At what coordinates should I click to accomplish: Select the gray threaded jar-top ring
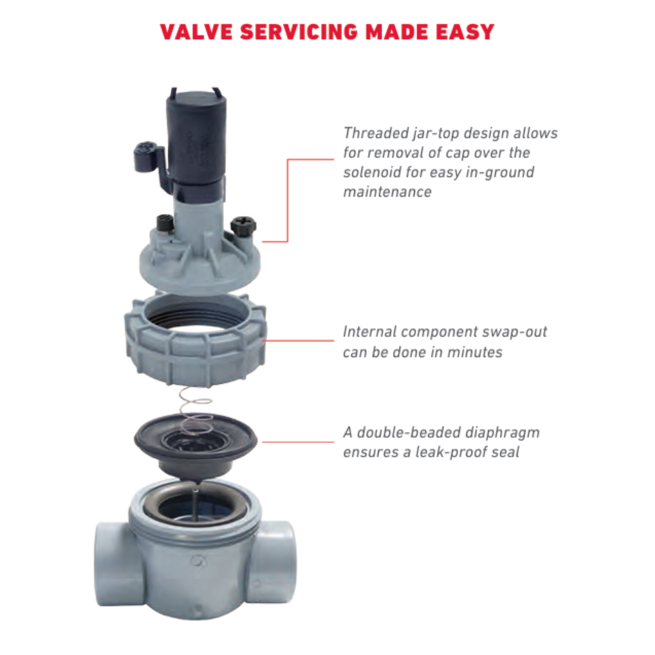[x=195, y=341]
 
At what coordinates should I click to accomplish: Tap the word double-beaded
[x=405, y=433]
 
